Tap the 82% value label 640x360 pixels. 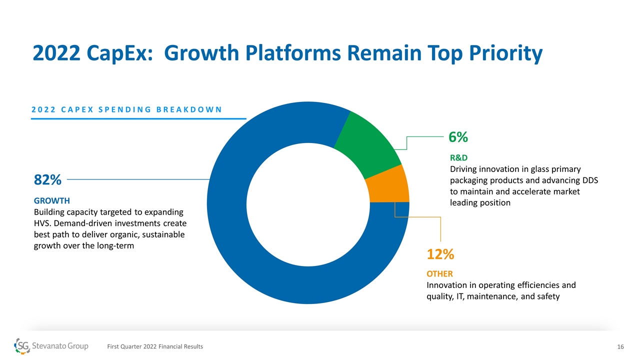click(x=47, y=179)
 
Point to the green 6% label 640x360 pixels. click(x=457, y=137)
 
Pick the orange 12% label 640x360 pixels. click(x=440, y=254)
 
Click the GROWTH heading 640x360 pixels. click(x=51, y=201)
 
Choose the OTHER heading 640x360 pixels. click(x=439, y=274)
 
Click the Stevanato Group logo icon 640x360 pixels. click(x=22, y=345)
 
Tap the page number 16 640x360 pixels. click(x=621, y=347)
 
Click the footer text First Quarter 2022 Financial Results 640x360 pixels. click(x=155, y=347)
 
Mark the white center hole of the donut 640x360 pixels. click(x=307, y=202)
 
